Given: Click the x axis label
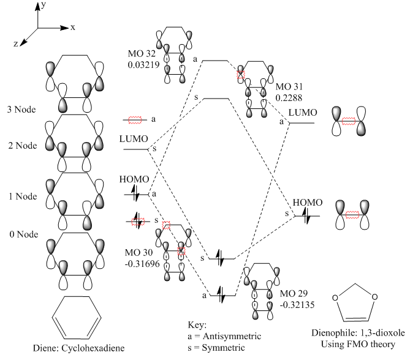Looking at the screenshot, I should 72,28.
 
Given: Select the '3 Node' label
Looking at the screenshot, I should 20,110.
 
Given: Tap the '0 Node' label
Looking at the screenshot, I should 20,235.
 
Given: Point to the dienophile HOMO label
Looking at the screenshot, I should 306,203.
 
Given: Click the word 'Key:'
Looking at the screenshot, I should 199,325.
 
